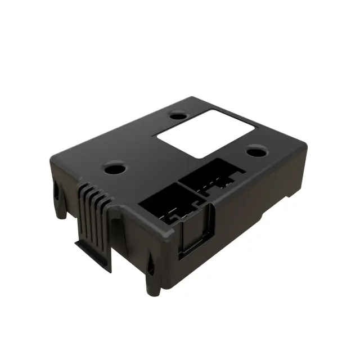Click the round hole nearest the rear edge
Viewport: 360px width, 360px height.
coord(178,116)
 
